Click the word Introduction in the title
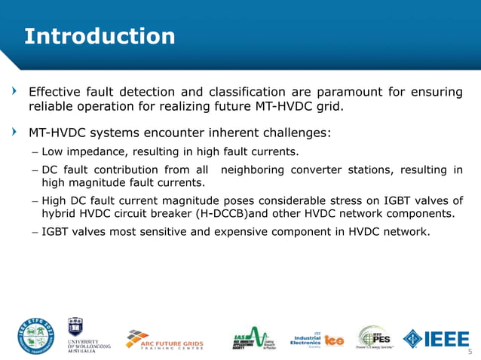click(100, 35)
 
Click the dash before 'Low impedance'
click(35, 152)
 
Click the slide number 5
click(470, 352)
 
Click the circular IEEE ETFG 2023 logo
click(36, 336)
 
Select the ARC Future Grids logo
click(171, 338)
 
